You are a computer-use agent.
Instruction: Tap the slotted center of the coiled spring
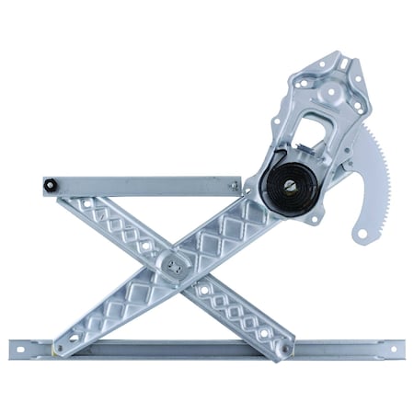pyautogui.click(x=290, y=186)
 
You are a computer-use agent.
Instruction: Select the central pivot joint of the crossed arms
pyautogui.click(x=174, y=266)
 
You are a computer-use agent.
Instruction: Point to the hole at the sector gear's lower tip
pyautogui.click(x=361, y=235)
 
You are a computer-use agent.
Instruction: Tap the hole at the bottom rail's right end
pyautogui.click(x=394, y=349)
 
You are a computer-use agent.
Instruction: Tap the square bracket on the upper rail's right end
pyautogui.click(x=236, y=185)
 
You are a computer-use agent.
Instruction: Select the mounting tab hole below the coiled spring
pyautogui.click(x=313, y=219)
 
